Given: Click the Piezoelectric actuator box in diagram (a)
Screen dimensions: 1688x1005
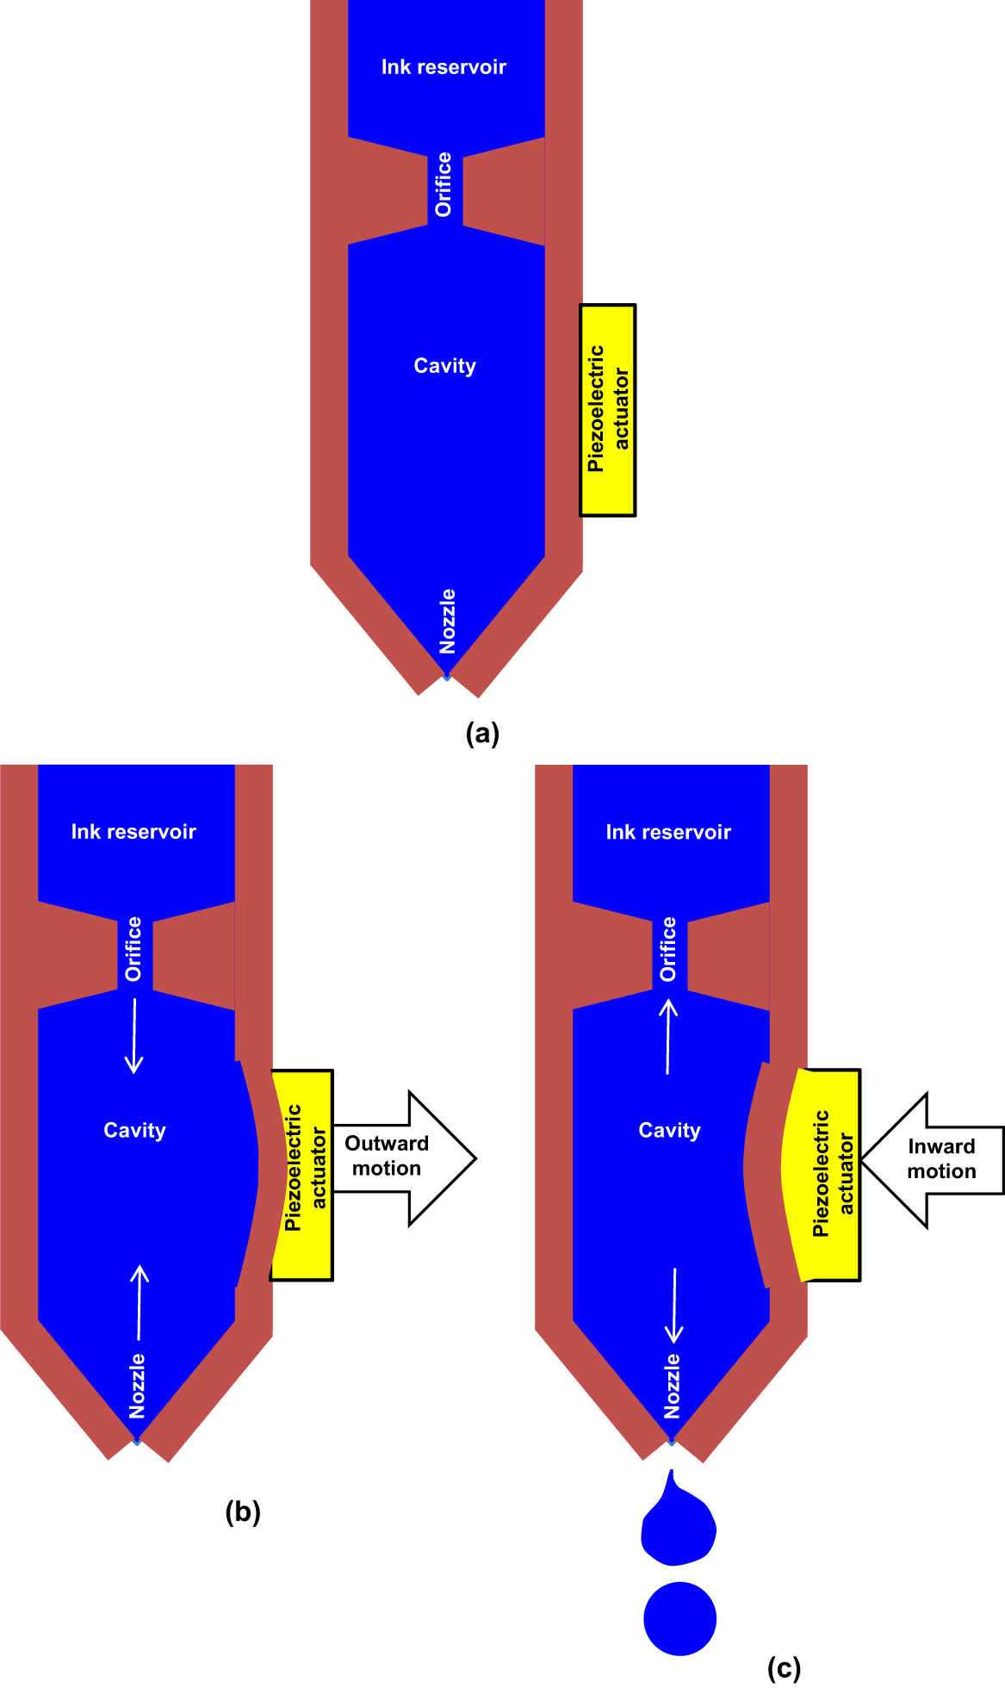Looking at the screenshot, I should (x=608, y=410).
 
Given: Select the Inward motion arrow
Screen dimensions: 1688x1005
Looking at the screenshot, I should (x=934, y=1159).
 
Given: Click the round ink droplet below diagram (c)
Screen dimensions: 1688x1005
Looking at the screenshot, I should (x=679, y=1618).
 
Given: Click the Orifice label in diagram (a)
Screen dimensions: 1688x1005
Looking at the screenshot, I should (x=444, y=184).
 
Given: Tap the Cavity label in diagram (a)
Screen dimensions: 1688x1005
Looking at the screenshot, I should (x=444, y=366).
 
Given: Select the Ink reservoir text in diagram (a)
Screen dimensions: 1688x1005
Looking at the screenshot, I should (x=444, y=67).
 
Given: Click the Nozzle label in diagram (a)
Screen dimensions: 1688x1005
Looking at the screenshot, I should (x=448, y=622).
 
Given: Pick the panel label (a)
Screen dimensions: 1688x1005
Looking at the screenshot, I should (x=482, y=734).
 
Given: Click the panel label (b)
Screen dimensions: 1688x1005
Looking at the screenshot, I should (x=243, y=1512).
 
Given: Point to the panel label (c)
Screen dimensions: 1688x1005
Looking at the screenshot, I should (x=784, y=1668).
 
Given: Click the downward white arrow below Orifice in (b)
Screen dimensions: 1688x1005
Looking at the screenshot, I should (x=134, y=1036).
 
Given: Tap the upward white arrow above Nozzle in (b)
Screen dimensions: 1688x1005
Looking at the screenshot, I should (x=139, y=1302).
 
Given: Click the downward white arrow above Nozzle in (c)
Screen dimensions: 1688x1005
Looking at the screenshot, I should (x=674, y=1306).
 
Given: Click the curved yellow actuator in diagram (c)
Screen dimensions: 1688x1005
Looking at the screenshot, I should (x=822, y=1174).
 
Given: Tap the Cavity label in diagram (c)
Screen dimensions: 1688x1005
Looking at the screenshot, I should (x=669, y=1131).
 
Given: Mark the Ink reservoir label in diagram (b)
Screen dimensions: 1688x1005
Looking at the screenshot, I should (x=133, y=832).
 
